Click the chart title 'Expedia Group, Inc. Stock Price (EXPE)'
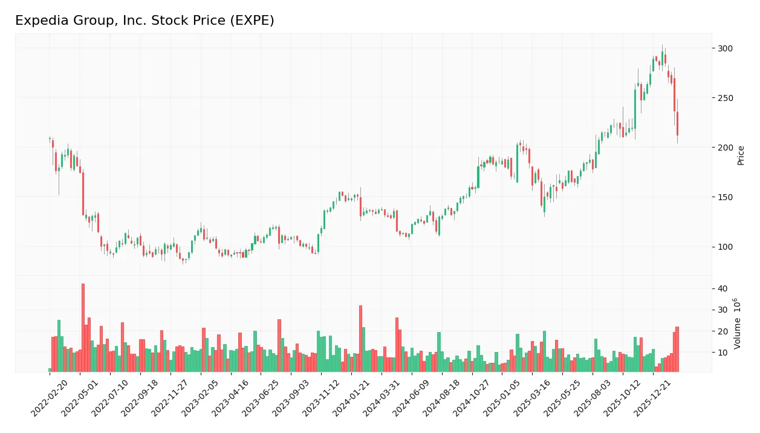(145, 21)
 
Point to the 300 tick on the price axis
(726, 48)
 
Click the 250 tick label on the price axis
(726, 98)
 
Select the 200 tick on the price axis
(726, 148)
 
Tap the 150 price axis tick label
(726, 197)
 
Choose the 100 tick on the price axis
(726, 247)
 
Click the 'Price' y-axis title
(741, 155)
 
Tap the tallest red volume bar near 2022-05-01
(83, 327)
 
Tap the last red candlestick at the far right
(677, 123)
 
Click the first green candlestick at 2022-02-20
(50, 139)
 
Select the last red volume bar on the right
(677, 349)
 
